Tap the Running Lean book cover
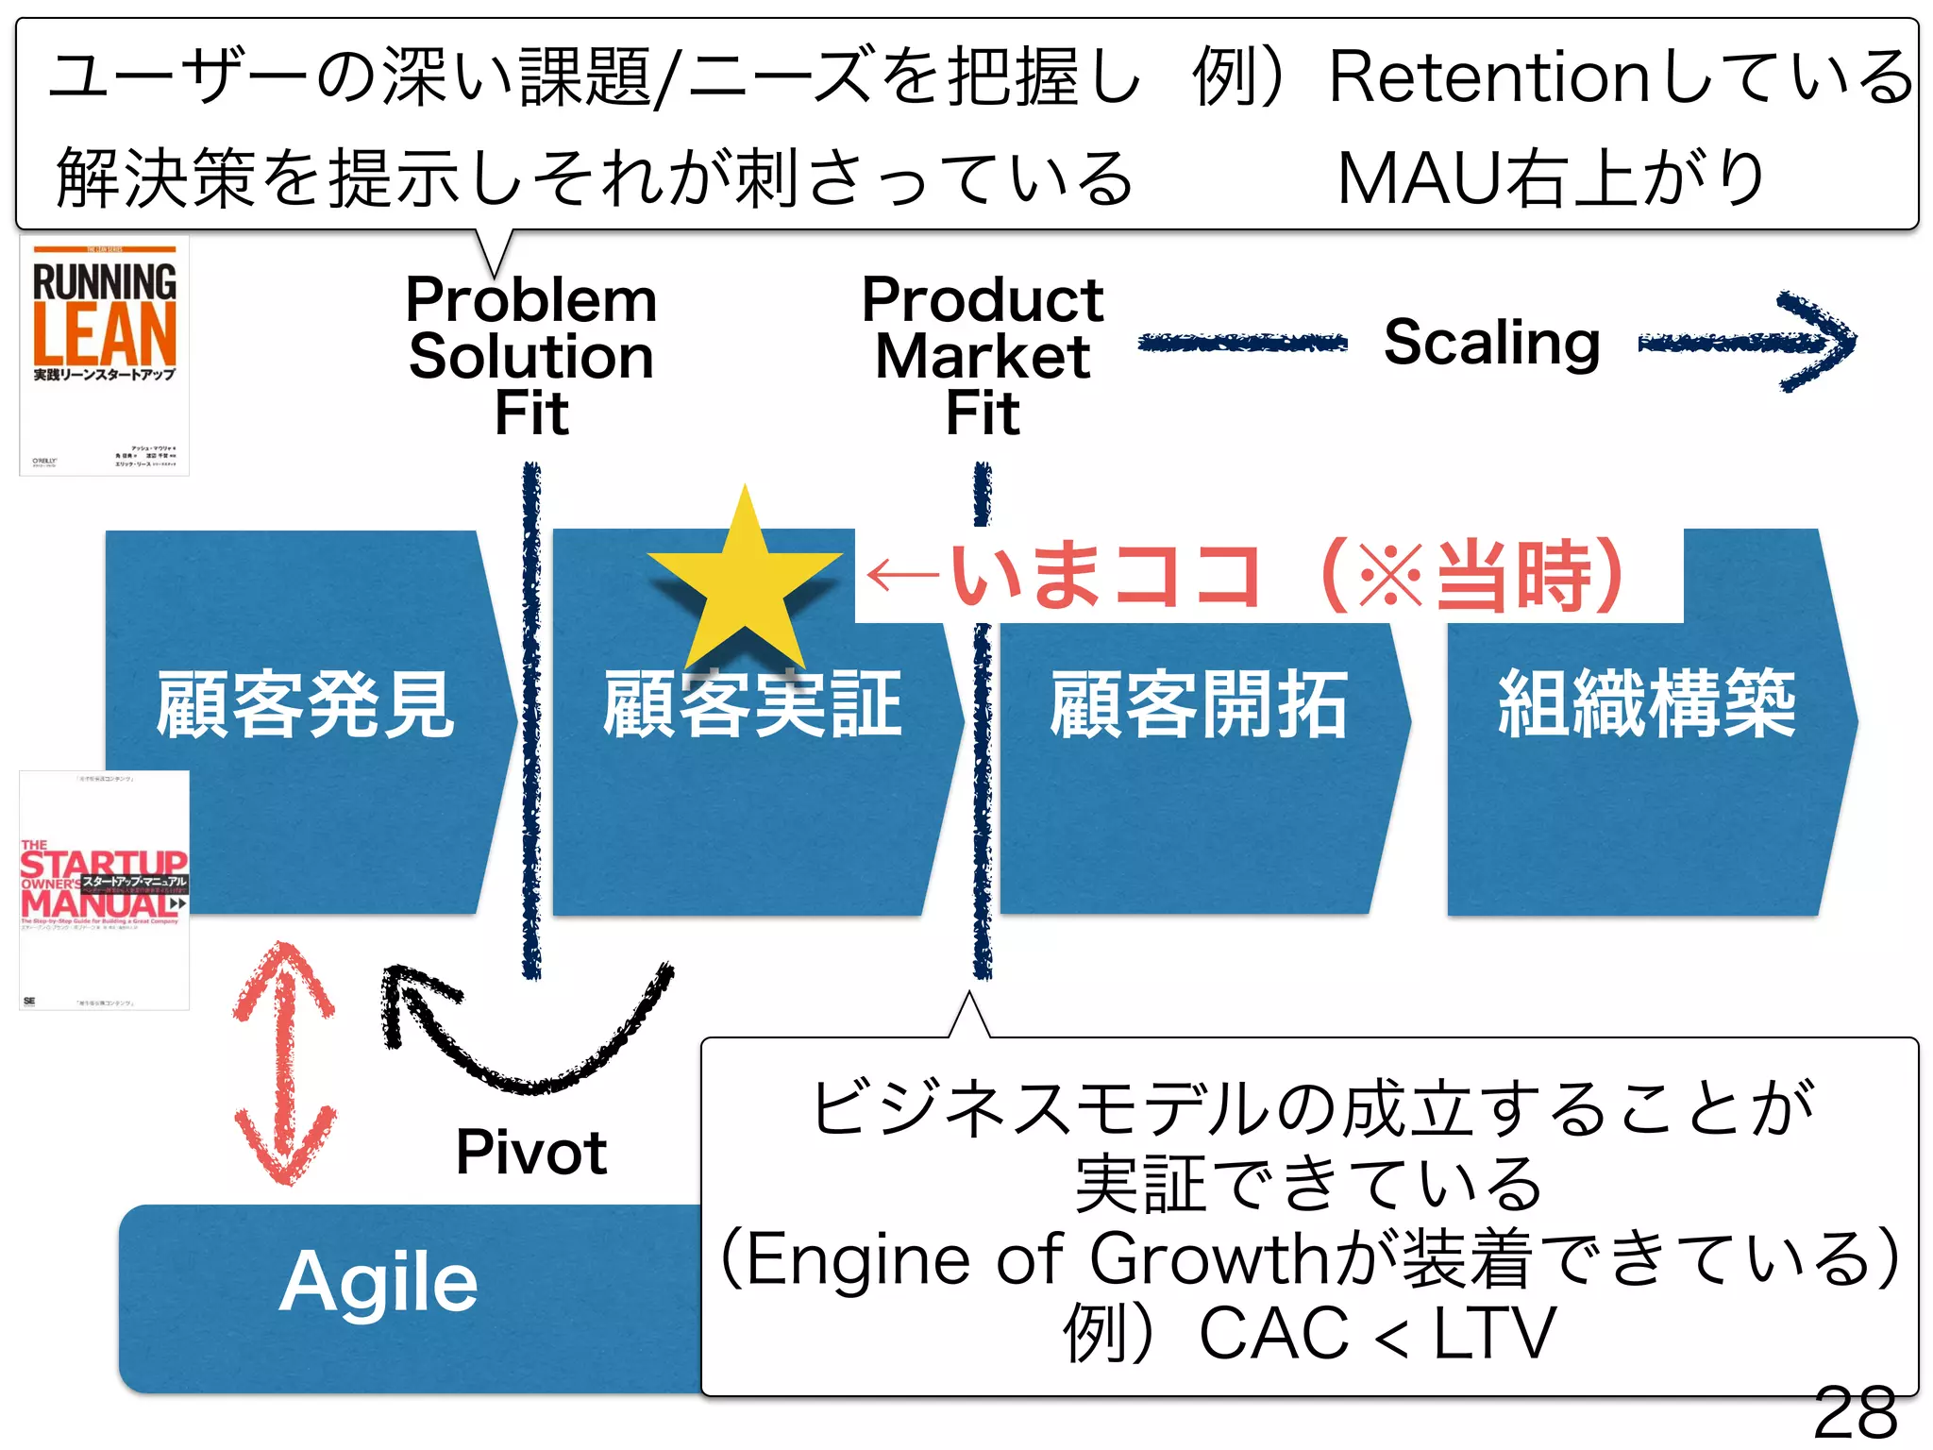[105, 356]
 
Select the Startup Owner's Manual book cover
[105, 890]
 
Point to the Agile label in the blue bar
[378, 1282]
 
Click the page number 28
[1855, 1413]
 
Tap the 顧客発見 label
[305, 704]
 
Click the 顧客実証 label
[752, 704]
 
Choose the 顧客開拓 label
[1199, 704]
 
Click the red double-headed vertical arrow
[284, 1063]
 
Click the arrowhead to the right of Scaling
[1817, 342]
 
